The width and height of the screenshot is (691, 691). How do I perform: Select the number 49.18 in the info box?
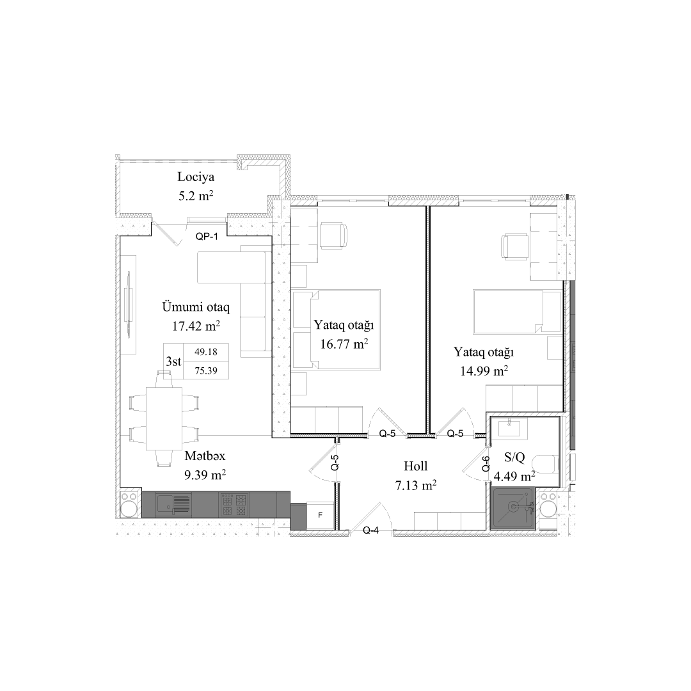(205, 351)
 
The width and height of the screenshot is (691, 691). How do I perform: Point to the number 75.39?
(205, 370)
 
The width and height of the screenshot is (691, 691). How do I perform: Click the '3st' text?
(173, 361)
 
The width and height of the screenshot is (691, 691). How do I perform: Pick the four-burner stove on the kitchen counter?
(234, 505)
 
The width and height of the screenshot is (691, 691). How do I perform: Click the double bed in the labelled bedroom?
(336, 330)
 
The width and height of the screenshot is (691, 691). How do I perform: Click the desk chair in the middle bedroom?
(333, 235)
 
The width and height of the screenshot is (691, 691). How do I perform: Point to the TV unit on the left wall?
(129, 305)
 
